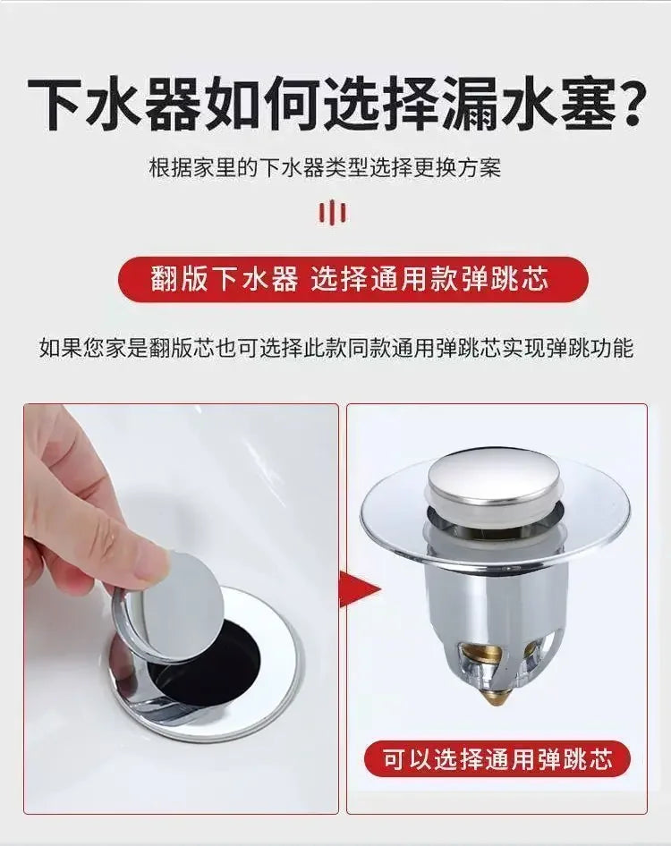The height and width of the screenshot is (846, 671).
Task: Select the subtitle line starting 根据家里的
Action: click(325, 168)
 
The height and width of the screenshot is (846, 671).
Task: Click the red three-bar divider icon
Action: click(333, 212)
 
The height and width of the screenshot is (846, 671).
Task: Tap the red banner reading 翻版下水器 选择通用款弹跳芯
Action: click(353, 280)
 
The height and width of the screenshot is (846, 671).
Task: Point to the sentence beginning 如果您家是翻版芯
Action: click(335, 348)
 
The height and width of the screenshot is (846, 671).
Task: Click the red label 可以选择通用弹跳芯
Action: click(497, 760)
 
